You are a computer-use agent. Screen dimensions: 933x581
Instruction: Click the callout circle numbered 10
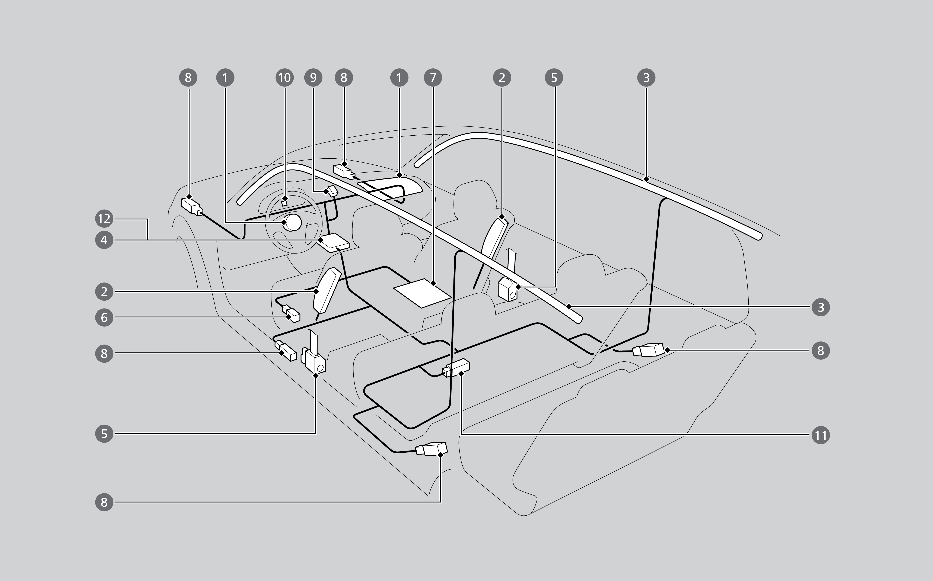tap(284, 78)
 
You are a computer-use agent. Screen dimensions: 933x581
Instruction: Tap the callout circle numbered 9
tap(313, 78)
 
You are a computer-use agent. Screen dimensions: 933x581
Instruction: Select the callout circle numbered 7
tap(433, 78)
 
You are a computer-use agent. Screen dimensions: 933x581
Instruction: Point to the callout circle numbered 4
tap(104, 240)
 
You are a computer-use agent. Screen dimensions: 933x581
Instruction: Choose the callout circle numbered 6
tap(104, 317)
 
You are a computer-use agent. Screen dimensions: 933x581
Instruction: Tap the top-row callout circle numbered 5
tap(554, 78)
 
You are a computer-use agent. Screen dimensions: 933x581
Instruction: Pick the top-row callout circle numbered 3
tap(646, 78)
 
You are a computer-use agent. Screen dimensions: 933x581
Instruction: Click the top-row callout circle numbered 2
tap(502, 78)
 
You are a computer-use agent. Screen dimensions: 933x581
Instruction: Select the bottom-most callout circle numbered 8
tap(104, 502)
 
